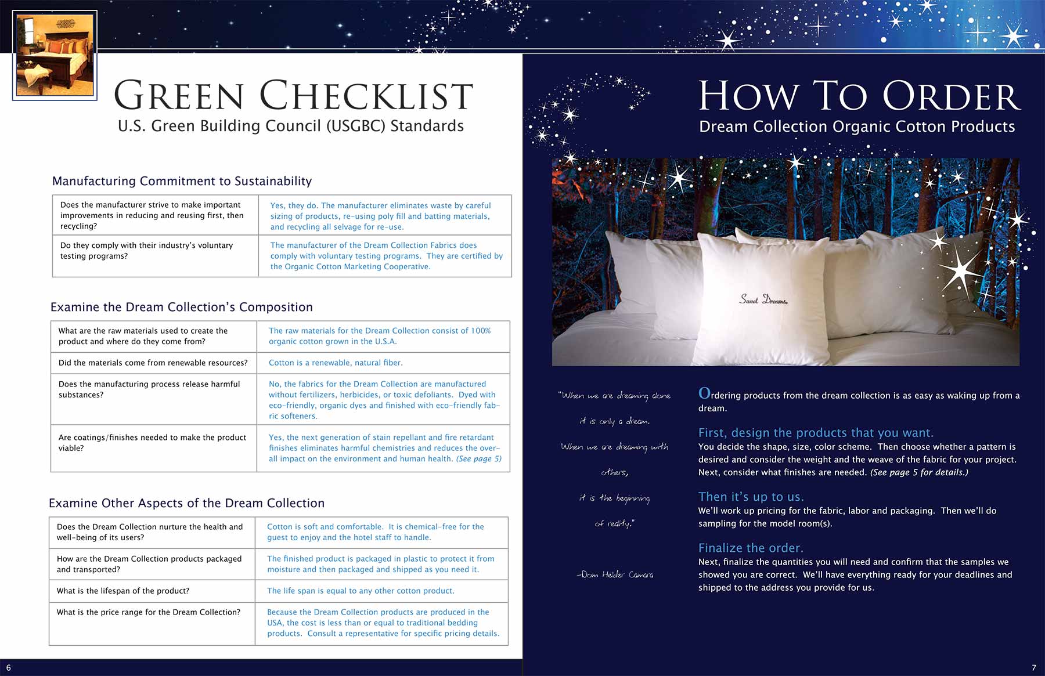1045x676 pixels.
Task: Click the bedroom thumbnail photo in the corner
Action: coord(55,55)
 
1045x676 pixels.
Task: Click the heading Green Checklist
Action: coord(293,96)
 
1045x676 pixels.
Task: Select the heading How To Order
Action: coord(859,96)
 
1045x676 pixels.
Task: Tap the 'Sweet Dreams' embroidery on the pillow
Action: coord(763,299)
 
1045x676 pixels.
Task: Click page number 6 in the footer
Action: coord(8,668)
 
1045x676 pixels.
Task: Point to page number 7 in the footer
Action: coord(1033,668)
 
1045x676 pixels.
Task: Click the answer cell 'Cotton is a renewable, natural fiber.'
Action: coord(336,363)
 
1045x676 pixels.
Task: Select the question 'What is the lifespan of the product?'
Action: coord(123,591)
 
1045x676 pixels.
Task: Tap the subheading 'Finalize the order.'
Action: coord(751,548)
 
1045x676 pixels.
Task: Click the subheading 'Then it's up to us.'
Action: coord(751,497)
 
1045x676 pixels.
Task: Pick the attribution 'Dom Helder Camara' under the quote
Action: coord(615,574)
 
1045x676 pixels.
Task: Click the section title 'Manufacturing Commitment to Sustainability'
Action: coord(182,181)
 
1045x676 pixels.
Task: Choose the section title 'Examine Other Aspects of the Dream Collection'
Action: coord(186,503)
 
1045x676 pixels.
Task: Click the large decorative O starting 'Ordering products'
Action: coord(704,393)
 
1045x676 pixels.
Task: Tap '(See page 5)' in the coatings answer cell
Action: coord(478,459)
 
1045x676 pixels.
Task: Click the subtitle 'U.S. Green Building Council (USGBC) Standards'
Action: coord(290,126)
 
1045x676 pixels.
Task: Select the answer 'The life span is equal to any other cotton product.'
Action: coord(361,591)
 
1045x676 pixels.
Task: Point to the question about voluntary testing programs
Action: coord(146,251)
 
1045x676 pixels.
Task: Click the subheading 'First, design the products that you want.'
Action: coord(816,433)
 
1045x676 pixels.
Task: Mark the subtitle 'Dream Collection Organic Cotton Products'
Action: coord(857,126)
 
